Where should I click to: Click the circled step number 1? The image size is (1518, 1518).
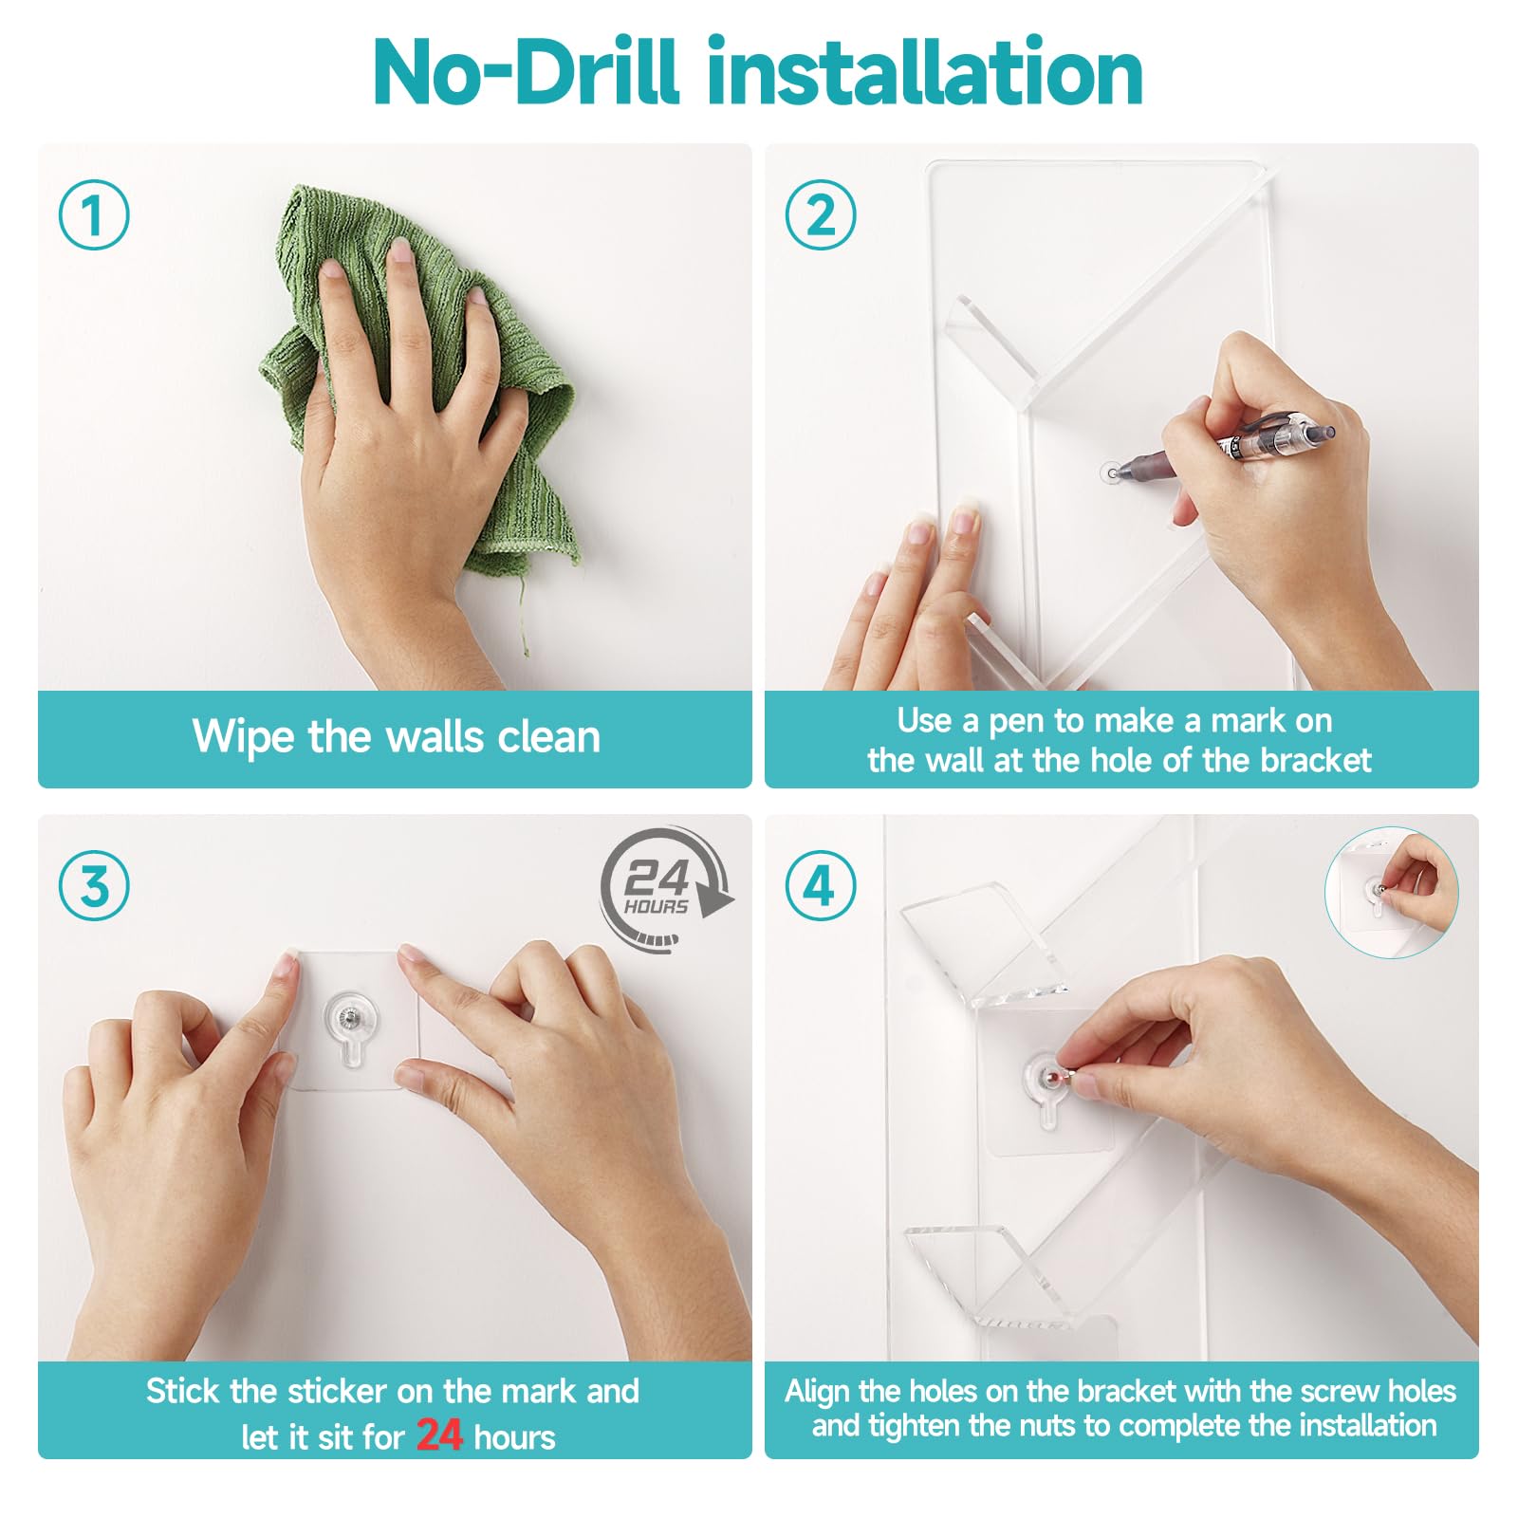[94, 214]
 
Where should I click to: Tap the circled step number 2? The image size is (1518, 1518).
[821, 214]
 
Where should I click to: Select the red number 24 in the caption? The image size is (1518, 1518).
[439, 1434]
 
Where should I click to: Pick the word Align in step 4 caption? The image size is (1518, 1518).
[817, 1392]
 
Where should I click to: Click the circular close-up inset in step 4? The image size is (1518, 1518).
[1391, 891]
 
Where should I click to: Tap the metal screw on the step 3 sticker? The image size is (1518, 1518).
[350, 1017]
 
